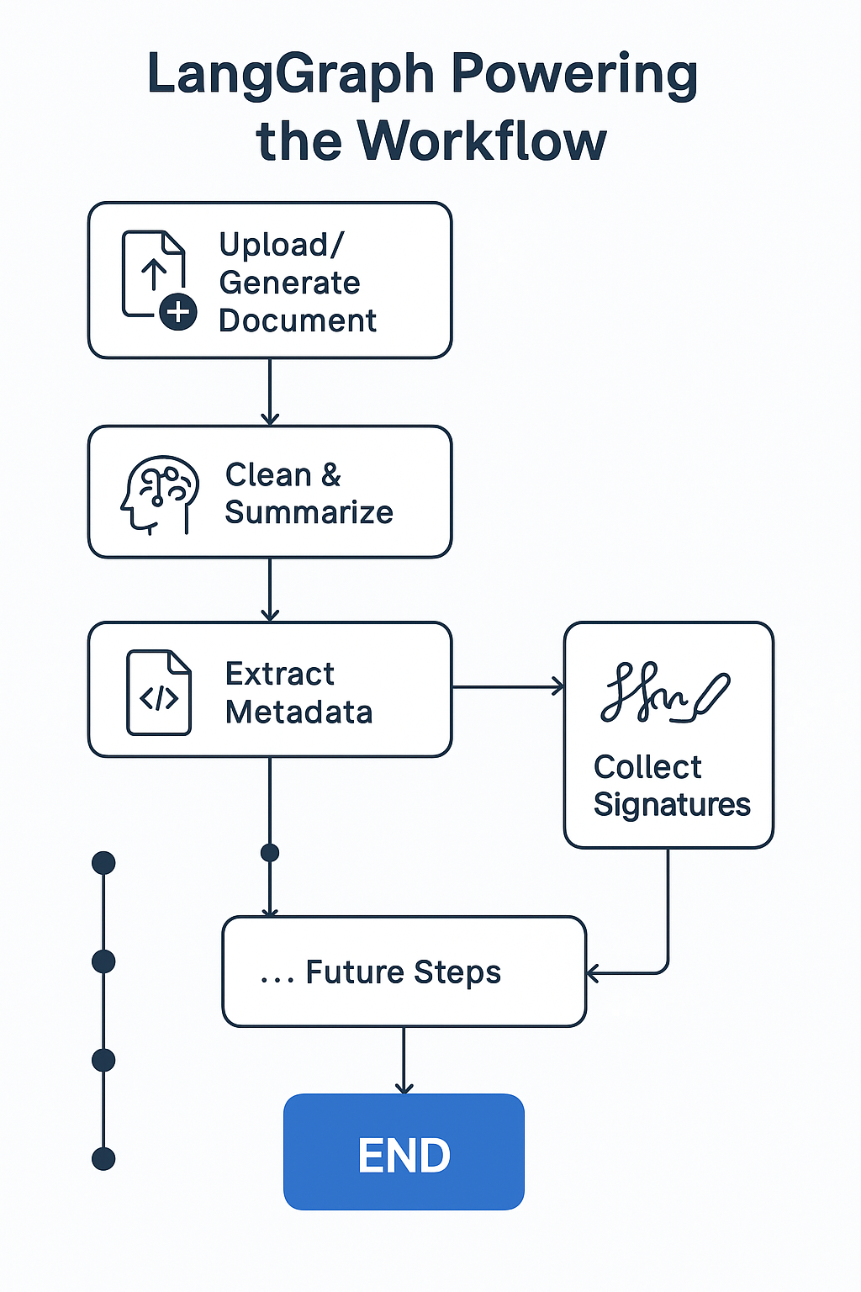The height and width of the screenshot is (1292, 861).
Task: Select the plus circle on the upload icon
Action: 178,313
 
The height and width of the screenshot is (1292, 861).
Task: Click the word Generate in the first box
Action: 289,283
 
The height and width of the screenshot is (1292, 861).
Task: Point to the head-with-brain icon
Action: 160,495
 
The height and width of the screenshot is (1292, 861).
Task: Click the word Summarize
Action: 309,512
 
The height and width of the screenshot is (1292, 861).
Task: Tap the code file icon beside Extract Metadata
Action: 159,692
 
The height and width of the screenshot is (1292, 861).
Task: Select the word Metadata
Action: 298,712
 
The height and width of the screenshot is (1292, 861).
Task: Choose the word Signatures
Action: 671,804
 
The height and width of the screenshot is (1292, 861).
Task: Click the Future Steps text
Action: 403,972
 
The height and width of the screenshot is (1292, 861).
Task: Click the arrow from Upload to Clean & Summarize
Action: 270,392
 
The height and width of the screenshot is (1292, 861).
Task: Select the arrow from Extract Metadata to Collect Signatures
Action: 508,687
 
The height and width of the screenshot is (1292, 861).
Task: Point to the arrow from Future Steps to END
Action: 404,1060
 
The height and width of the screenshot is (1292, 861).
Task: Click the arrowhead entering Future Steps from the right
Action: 593,974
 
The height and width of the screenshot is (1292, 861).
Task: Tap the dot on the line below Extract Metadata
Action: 270,853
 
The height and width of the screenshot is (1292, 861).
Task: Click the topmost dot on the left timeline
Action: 103,863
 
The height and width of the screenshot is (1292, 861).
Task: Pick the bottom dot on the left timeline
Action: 103,1159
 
